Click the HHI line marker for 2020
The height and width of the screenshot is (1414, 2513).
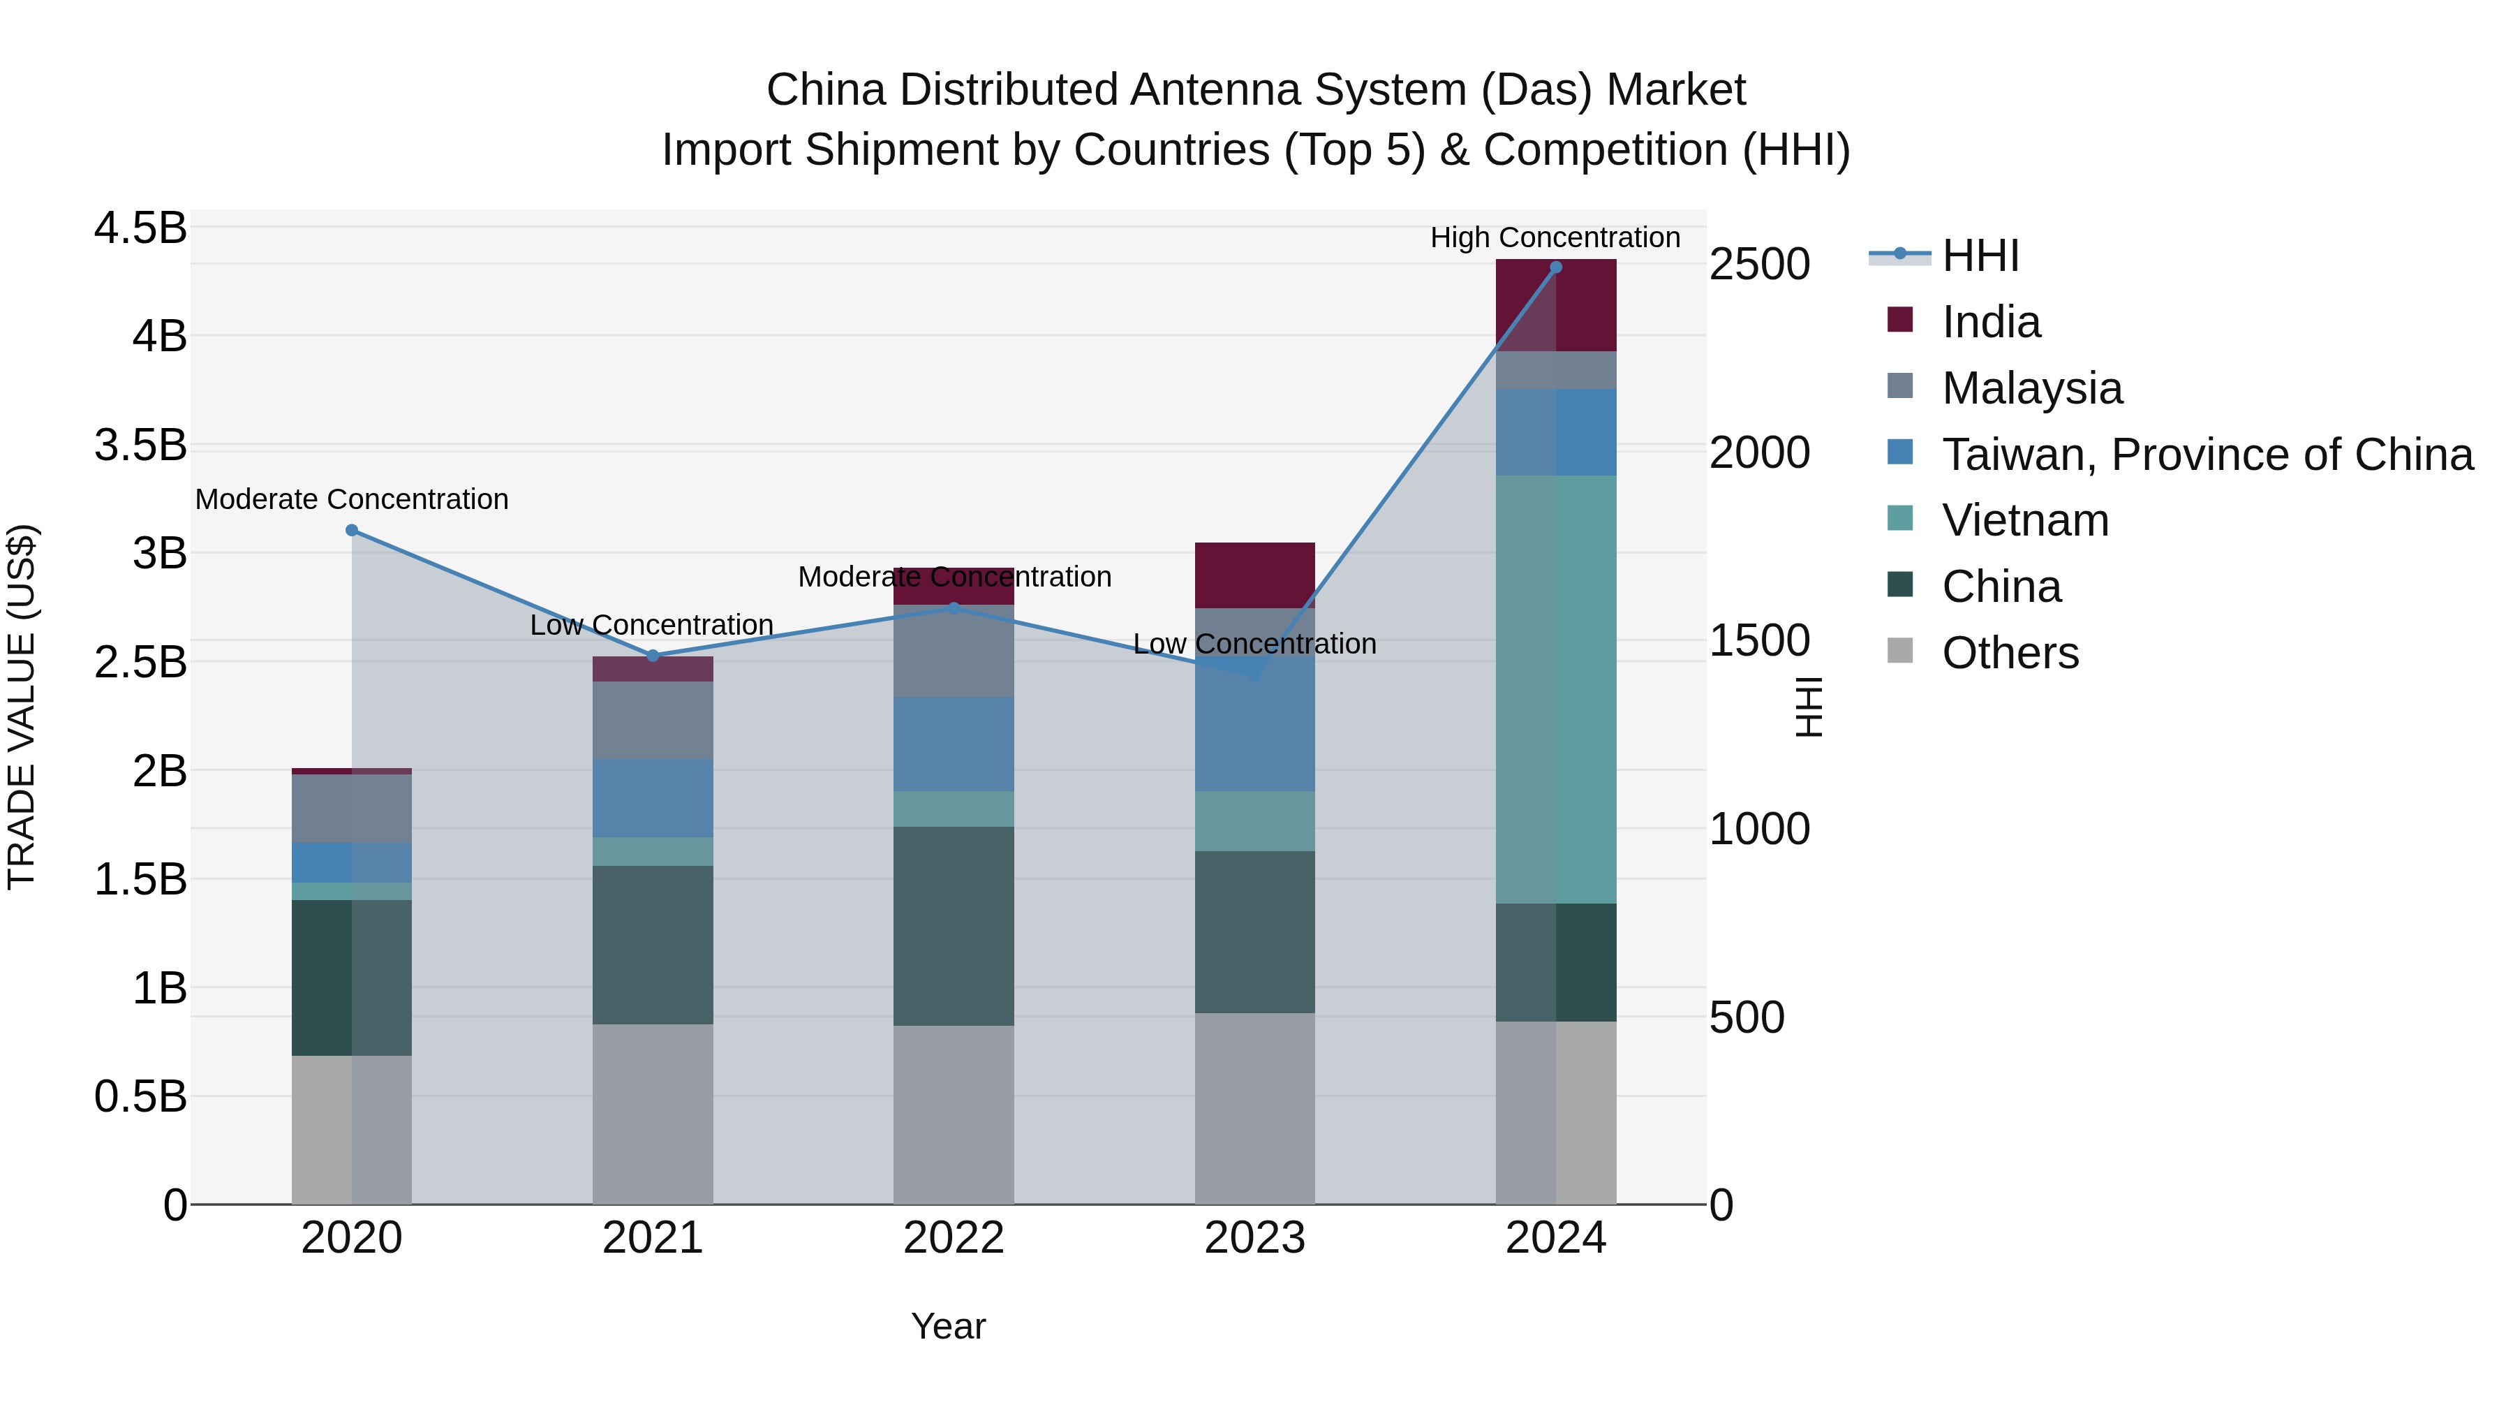(353, 530)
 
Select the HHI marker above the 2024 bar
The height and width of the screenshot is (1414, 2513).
(1556, 267)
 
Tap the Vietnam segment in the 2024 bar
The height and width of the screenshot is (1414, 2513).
(1556, 689)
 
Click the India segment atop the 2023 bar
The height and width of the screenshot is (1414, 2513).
(1254, 575)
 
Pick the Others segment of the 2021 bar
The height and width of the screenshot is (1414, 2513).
(653, 1114)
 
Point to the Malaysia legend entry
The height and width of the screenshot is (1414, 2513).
(2031, 388)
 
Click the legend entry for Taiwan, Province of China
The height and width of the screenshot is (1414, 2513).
(2207, 455)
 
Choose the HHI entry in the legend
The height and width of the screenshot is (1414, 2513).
(1980, 256)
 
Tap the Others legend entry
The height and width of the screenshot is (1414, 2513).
(2010, 653)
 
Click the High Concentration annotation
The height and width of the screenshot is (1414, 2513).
(1555, 237)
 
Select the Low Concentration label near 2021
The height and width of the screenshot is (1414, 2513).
(652, 624)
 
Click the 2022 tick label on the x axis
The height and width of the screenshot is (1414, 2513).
(953, 1238)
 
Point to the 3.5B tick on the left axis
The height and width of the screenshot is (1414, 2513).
(140, 445)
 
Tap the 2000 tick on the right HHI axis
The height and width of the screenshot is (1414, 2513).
(1759, 452)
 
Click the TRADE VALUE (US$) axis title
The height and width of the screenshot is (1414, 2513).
(22, 707)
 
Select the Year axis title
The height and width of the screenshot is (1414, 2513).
(948, 1326)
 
